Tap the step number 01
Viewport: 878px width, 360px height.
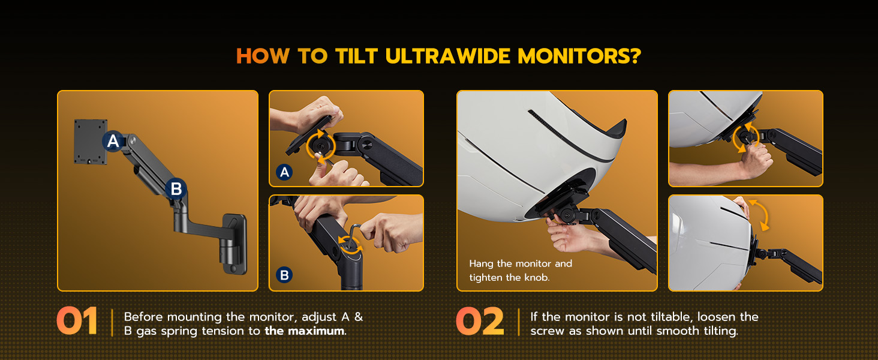point(77,322)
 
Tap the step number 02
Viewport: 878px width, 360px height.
point(480,322)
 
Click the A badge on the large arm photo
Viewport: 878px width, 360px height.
point(113,141)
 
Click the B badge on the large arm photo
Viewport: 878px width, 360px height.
point(176,189)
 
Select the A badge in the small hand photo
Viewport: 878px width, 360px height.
point(285,173)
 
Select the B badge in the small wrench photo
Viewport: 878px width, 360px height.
point(285,275)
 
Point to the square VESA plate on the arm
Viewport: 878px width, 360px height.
point(91,142)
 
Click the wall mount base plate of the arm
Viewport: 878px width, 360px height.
point(234,243)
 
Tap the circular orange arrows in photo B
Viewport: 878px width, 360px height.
point(350,244)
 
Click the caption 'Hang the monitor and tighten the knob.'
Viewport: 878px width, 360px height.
point(521,270)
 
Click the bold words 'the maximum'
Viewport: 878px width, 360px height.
point(305,331)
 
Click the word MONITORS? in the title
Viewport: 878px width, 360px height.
point(579,56)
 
